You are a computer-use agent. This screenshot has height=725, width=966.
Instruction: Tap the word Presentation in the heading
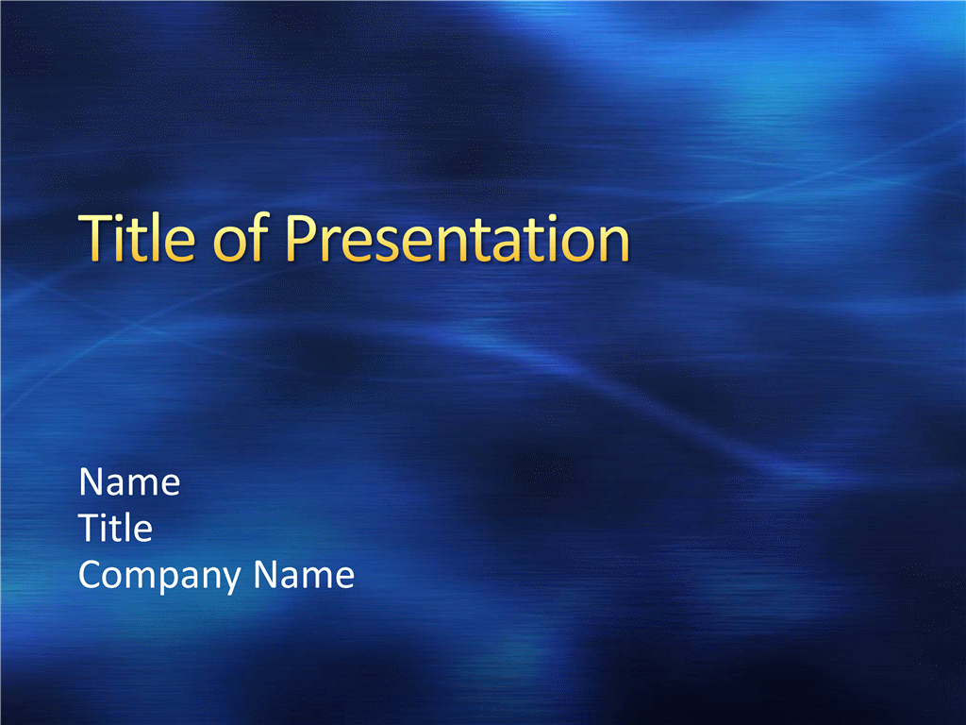[458, 238]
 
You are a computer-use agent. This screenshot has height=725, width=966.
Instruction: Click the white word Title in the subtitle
[115, 528]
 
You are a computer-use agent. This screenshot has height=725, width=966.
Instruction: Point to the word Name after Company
[304, 575]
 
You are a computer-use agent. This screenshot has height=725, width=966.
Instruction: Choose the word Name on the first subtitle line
[129, 481]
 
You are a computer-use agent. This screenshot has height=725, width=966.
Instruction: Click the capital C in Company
[92, 575]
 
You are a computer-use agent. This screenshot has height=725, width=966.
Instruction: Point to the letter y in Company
[231, 581]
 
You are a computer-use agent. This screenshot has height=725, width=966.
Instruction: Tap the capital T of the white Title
[90, 528]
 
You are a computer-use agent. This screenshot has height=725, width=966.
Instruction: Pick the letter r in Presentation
[331, 244]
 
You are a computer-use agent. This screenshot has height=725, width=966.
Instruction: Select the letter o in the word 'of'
[229, 244]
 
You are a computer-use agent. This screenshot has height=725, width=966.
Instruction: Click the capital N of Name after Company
[267, 575]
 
